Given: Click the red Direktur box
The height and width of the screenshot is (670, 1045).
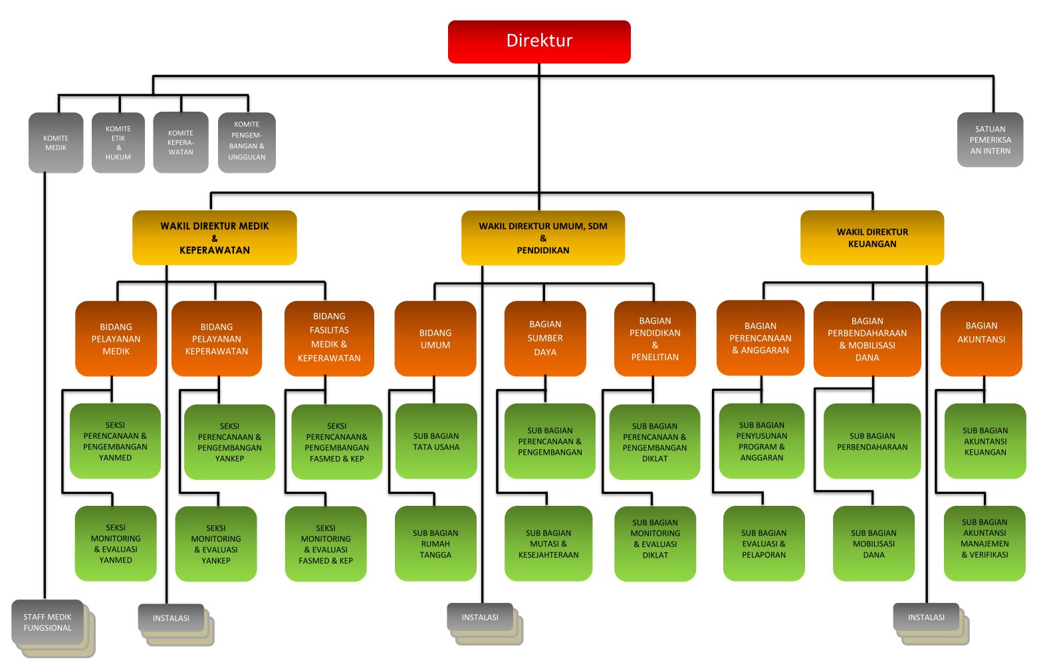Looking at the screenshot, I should pos(539,41).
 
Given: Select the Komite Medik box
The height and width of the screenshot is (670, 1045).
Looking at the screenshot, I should pos(56,143).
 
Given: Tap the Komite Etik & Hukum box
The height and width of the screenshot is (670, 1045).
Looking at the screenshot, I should pos(118,143).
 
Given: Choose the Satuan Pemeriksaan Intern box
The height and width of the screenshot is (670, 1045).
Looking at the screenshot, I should pos(990,140).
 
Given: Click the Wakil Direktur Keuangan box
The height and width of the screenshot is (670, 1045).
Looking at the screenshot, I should pos(872,238).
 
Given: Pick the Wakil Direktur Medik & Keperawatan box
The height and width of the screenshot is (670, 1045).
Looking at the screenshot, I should pos(214,238).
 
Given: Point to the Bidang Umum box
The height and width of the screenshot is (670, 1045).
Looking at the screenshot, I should pos(435,339).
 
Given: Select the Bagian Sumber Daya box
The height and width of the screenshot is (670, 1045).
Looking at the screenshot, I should pos(545,339).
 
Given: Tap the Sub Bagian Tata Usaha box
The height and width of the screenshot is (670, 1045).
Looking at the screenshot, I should pos(436,441).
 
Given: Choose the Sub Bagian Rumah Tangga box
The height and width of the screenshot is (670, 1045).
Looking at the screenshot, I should pos(435,544).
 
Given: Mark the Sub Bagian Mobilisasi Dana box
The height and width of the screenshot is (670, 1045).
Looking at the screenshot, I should pos(873,544).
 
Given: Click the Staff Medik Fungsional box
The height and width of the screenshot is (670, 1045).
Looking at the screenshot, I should pos(48,622).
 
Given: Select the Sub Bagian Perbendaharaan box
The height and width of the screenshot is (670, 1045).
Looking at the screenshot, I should pos(872,441).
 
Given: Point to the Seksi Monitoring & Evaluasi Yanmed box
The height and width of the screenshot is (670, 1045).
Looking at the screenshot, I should pos(116,544).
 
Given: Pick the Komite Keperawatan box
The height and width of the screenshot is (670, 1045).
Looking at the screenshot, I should pos(181,143).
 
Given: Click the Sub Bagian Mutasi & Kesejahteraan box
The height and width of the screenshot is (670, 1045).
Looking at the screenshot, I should pos(548,544).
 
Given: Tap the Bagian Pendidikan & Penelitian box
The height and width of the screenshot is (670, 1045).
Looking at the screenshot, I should pos(655,339).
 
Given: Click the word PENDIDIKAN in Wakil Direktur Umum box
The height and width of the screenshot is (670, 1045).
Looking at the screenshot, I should pos(543,251).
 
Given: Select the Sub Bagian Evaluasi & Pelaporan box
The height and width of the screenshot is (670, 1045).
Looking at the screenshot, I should pos(764,544).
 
